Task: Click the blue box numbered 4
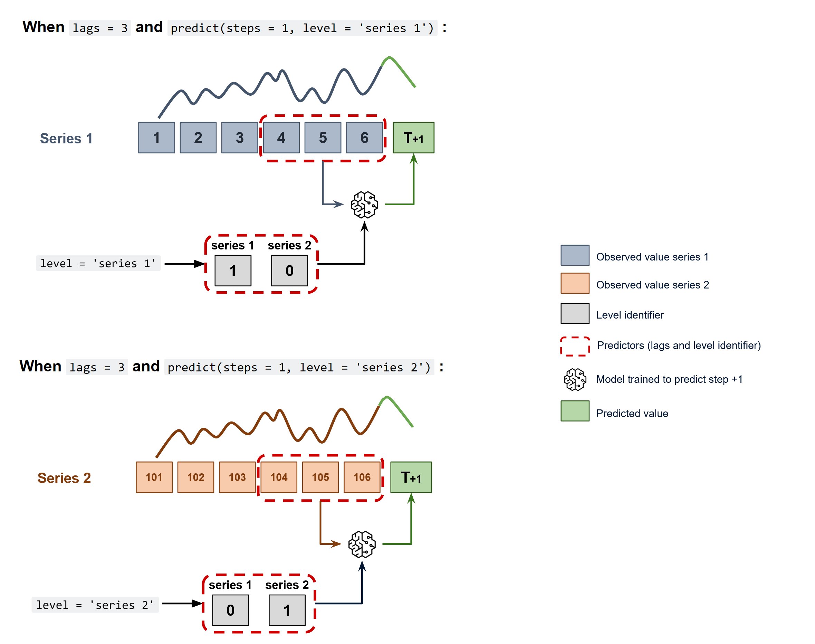tap(281, 138)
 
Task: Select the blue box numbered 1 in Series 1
tap(156, 138)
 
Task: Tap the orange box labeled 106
tap(362, 477)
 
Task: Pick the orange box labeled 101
tap(154, 477)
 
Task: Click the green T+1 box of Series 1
tap(413, 138)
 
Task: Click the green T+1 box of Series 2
tap(411, 477)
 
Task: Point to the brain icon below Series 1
tap(364, 205)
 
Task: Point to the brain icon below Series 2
tap(362, 544)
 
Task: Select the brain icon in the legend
tap(575, 379)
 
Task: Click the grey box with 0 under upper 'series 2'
tap(289, 271)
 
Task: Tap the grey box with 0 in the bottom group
tap(230, 610)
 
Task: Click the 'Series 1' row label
tap(66, 139)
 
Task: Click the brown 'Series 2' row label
tap(64, 478)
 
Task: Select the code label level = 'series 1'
tap(98, 263)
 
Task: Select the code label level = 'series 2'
tap(95, 605)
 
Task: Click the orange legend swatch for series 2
tap(575, 283)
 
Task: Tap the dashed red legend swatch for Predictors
tap(575, 346)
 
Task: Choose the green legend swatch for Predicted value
tap(575, 411)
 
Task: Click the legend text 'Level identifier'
tap(630, 315)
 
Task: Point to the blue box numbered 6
tap(364, 138)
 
